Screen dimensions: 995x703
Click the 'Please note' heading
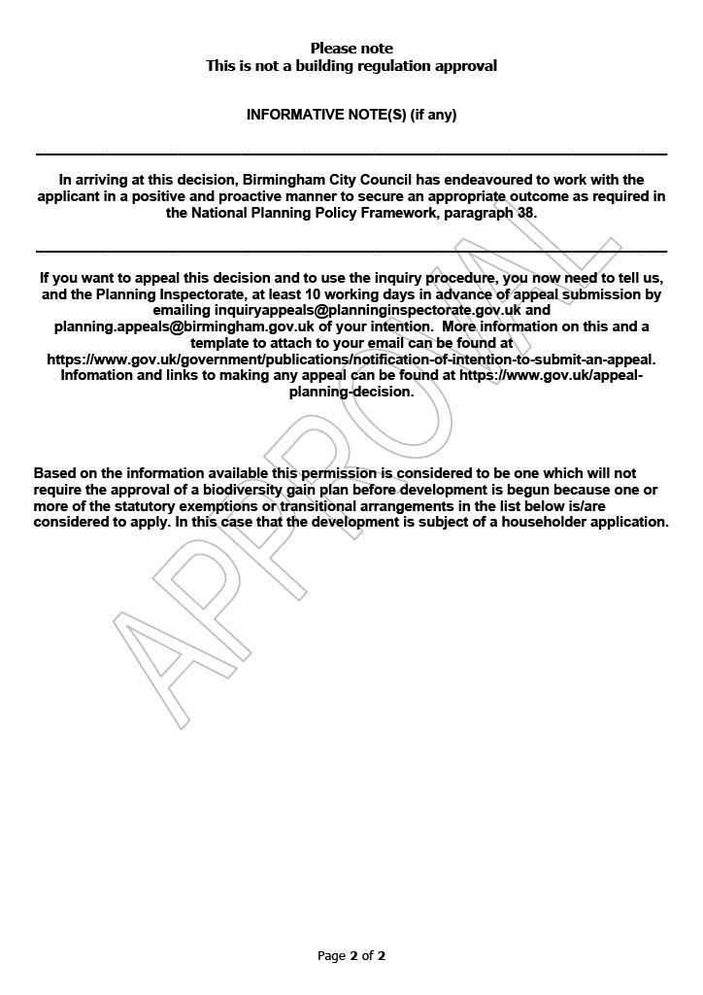click(x=351, y=49)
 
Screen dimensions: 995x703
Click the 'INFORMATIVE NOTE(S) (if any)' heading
click(x=351, y=115)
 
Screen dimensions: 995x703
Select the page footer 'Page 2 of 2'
click(x=351, y=956)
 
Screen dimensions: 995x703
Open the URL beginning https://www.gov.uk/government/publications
click(x=351, y=360)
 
